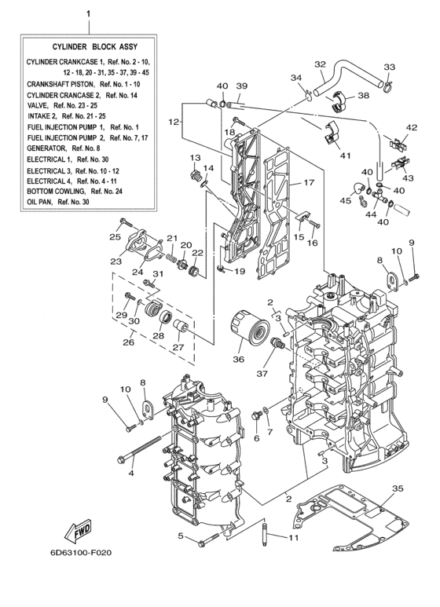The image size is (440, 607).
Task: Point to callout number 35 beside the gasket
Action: [x=398, y=489]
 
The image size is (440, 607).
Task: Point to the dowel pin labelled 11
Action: [x=267, y=534]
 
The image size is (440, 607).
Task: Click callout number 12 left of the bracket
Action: [x=174, y=122]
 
